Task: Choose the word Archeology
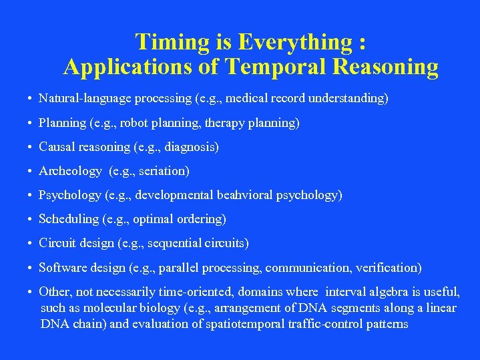pyautogui.click(x=70, y=171)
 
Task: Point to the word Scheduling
pyautogui.click(x=69, y=219)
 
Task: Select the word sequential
pyautogui.click(x=176, y=244)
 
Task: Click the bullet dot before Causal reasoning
pyautogui.click(x=31, y=147)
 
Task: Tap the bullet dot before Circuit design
pyautogui.click(x=31, y=244)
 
